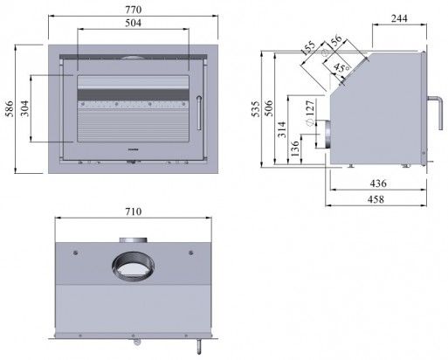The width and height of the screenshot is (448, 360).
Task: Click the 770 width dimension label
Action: pyautogui.click(x=133, y=8)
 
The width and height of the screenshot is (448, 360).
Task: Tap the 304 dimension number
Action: pyautogui.click(x=24, y=107)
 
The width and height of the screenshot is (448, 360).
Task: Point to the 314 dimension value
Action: pyautogui.click(x=282, y=130)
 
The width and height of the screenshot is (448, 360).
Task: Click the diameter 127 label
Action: pyautogui.click(x=309, y=111)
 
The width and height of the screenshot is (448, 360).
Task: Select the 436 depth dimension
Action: pyautogui.click(x=377, y=184)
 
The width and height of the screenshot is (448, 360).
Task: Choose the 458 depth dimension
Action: pyautogui.click(x=377, y=200)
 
